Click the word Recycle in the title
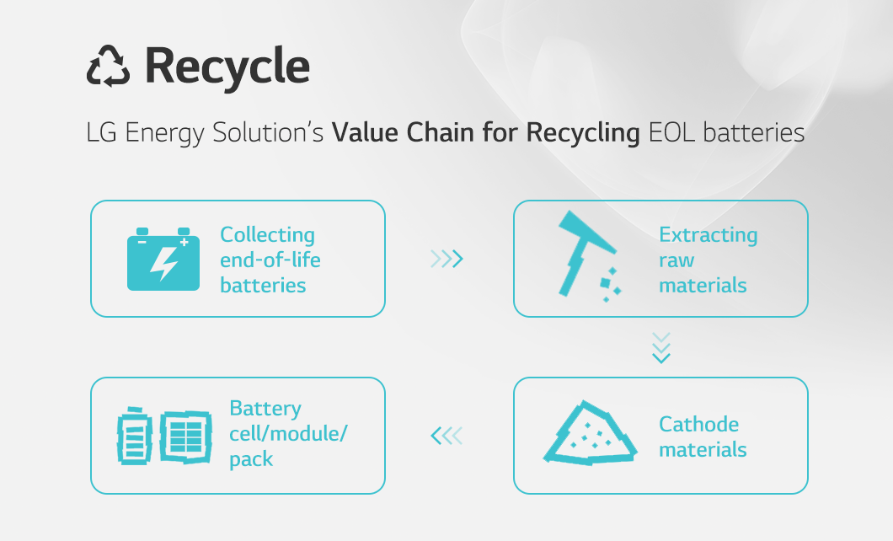227,67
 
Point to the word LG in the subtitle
101,132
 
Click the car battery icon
163,259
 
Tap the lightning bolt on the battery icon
164,263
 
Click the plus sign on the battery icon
184,243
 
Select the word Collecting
267,235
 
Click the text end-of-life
270,260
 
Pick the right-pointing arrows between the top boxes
447,259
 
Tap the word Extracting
708,235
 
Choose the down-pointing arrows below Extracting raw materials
661,347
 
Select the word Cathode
698,424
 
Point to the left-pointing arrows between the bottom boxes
446,436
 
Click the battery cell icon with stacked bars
135,436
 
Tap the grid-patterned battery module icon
186,437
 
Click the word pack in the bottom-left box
251,459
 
